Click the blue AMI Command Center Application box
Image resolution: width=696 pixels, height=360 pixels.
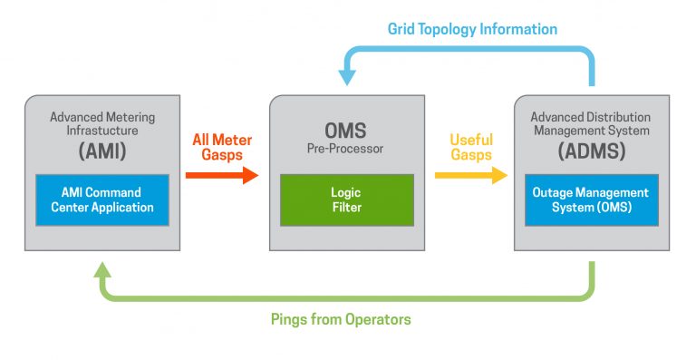pyautogui.click(x=101, y=199)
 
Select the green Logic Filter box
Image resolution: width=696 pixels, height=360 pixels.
pyautogui.click(x=347, y=199)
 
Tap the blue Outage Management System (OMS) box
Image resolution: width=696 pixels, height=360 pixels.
pyautogui.click(x=592, y=199)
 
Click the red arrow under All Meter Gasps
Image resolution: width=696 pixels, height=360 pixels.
pyautogui.click(x=222, y=175)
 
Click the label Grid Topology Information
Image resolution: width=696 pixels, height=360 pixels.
pyautogui.click(x=472, y=29)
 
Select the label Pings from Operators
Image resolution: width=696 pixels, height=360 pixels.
pyautogui.click(x=341, y=319)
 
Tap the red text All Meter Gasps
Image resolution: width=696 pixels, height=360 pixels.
pyautogui.click(x=222, y=147)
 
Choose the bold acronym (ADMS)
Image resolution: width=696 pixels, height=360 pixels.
pyautogui.click(x=591, y=152)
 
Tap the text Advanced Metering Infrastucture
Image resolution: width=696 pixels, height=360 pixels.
pyautogui.click(x=101, y=124)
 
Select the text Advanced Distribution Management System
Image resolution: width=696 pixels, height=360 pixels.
pyautogui.click(x=591, y=124)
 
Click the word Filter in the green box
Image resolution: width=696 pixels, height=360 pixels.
pyautogui.click(x=347, y=208)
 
